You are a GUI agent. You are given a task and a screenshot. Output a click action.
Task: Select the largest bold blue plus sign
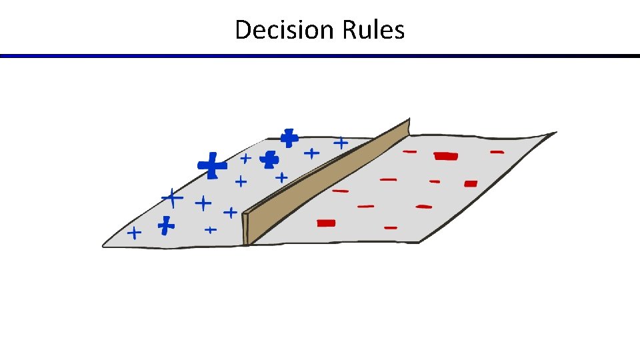click(212, 165)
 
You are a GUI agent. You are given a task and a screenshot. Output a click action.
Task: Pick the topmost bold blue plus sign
click(289, 138)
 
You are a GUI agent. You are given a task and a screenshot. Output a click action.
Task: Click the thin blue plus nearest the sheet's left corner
click(135, 233)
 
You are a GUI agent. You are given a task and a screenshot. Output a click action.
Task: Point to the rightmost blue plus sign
click(341, 143)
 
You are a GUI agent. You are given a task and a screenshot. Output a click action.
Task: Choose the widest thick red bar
click(446, 157)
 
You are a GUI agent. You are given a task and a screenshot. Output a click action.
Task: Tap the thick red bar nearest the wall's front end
click(326, 223)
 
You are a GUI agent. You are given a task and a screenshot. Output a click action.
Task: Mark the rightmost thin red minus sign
click(497, 153)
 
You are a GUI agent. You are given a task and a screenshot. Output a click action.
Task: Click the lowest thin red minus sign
click(391, 228)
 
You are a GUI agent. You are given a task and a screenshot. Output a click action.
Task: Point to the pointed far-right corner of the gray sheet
click(555, 133)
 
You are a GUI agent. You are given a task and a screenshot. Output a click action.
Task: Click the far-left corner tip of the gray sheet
click(104, 245)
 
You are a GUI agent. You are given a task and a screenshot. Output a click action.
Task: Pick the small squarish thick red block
click(471, 183)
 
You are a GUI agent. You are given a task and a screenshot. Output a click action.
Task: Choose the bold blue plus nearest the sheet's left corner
click(166, 225)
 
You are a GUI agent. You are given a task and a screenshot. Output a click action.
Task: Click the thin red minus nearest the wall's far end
click(410, 152)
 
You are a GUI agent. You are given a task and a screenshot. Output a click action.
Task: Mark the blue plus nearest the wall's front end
click(230, 213)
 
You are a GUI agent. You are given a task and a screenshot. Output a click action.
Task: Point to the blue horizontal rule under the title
click(320, 56)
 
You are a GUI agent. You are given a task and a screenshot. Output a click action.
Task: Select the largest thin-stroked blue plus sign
click(173, 198)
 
